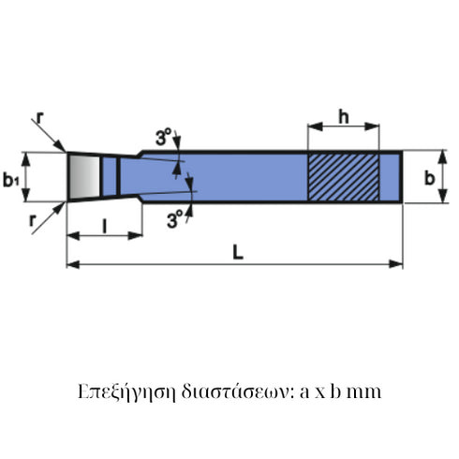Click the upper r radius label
coord(39,118)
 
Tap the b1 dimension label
coord(11,178)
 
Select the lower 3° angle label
coord(175,222)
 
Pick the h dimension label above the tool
coord(344,116)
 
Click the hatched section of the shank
coord(343,176)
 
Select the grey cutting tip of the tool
coord(83,176)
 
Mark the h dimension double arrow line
coord(343,128)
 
